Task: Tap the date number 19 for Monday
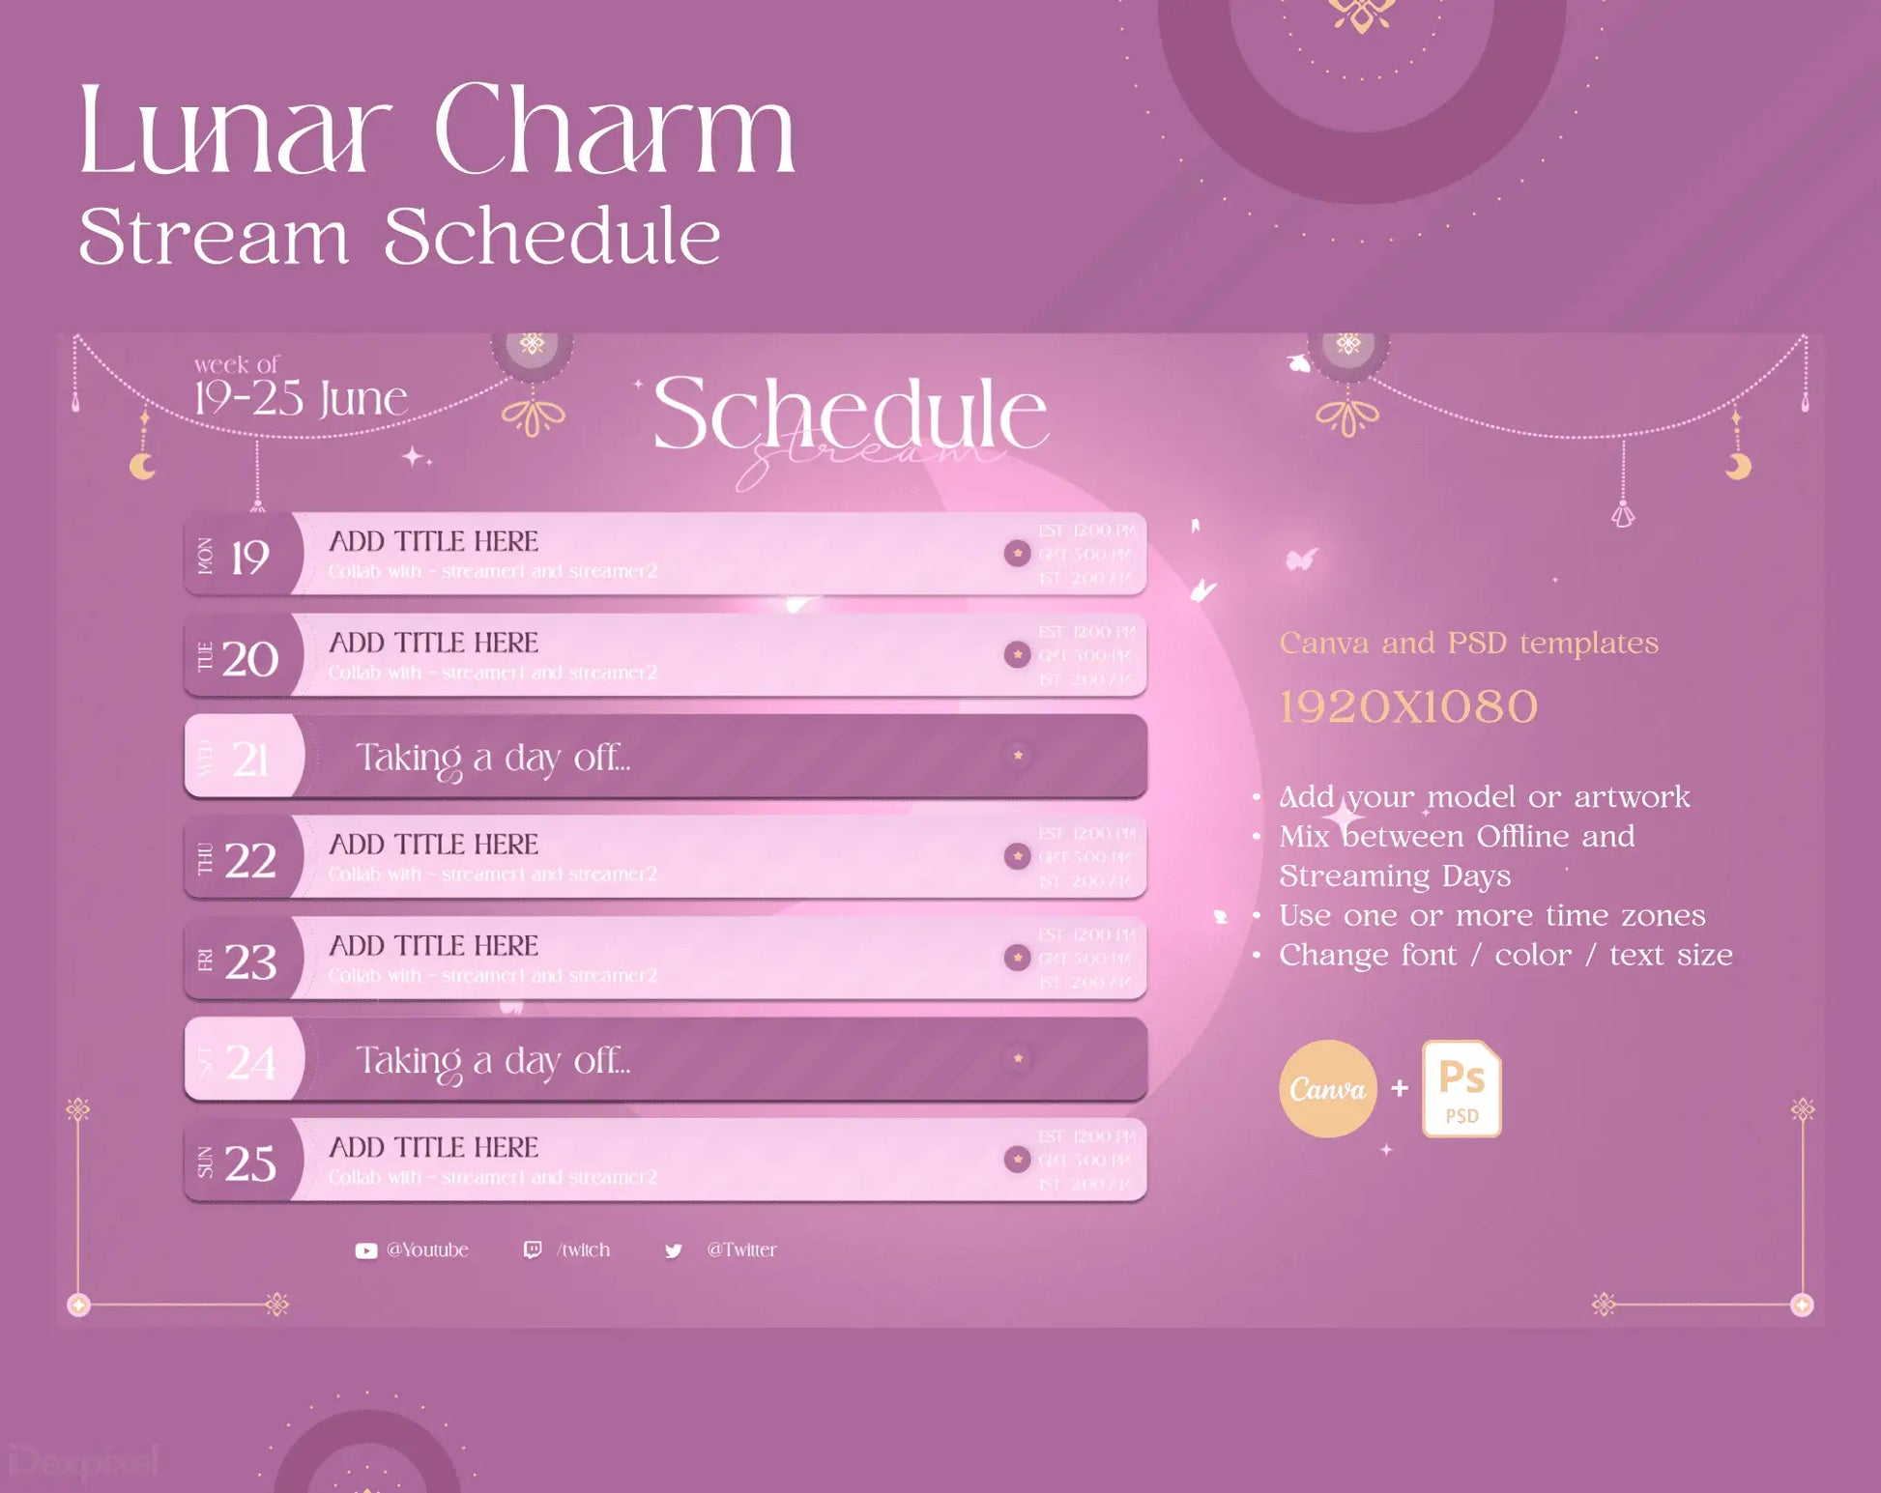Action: point(249,557)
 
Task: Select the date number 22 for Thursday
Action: point(250,859)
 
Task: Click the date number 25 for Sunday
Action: point(250,1163)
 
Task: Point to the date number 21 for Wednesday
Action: point(250,760)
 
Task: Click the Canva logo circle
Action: point(1327,1089)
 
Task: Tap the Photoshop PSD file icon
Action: point(1461,1089)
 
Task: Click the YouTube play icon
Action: point(365,1250)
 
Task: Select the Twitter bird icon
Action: point(674,1250)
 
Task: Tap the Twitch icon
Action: point(532,1249)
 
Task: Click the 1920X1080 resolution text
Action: point(1407,706)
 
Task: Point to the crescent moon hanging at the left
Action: point(143,467)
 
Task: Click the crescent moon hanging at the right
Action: point(1738,467)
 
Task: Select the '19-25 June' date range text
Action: point(300,398)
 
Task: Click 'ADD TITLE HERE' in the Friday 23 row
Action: point(433,945)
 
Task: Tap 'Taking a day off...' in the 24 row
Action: point(493,1061)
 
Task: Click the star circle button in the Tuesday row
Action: point(1017,654)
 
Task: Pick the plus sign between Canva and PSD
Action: point(1399,1089)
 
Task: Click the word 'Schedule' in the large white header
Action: point(850,414)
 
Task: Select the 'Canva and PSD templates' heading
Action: point(1468,643)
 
